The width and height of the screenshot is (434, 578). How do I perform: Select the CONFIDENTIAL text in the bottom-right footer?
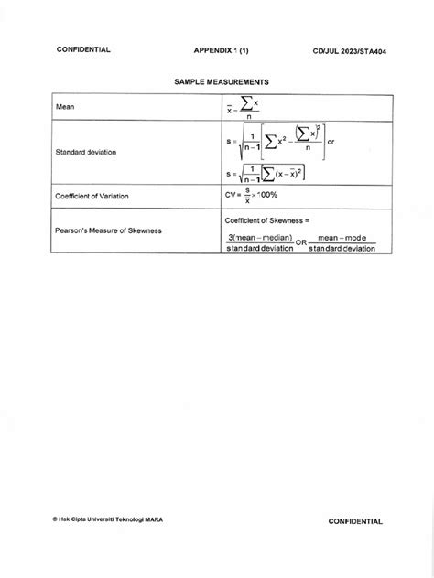357,520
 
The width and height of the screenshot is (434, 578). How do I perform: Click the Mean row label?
65,107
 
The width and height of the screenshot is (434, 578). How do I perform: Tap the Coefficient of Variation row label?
95,195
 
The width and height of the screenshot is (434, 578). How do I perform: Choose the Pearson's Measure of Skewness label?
109,230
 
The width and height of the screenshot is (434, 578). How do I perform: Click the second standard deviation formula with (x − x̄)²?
266,173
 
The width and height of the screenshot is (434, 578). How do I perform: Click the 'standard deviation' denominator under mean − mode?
342,248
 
